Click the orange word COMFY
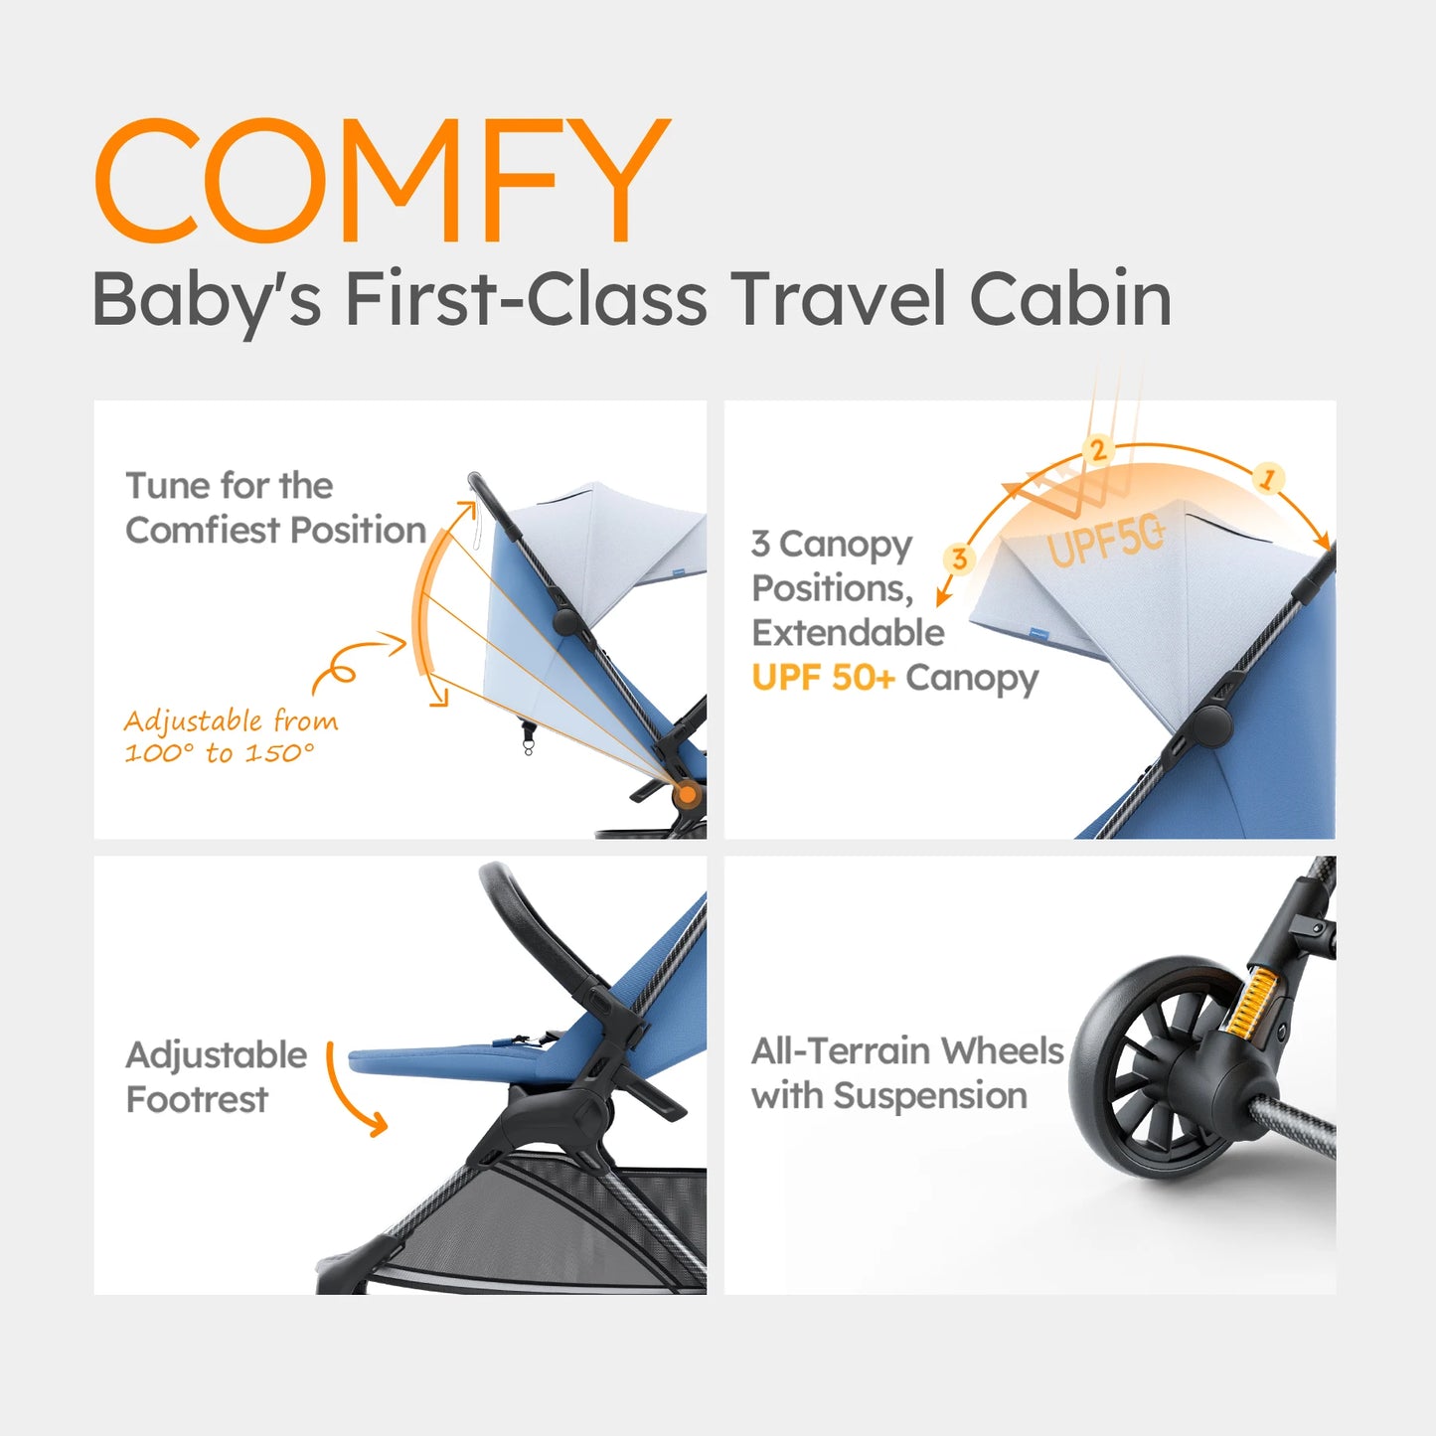(x=382, y=181)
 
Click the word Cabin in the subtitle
(x=1069, y=298)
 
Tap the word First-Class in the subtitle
(x=528, y=298)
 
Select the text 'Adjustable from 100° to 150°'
(x=231, y=736)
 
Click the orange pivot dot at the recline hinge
(x=686, y=794)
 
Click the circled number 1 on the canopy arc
(x=1267, y=478)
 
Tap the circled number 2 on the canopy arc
(x=1097, y=450)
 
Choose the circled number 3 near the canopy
(x=959, y=558)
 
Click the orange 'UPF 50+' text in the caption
(x=823, y=678)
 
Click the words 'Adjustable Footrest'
(x=216, y=1077)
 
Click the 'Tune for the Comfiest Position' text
(x=274, y=508)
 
